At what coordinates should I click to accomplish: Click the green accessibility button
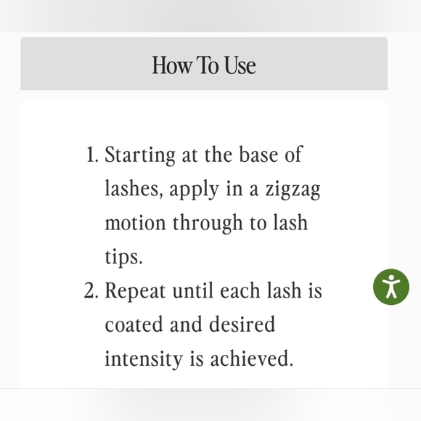click(x=391, y=287)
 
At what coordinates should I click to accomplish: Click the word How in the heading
click(x=172, y=65)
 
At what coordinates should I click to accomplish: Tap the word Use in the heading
click(x=240, y=65)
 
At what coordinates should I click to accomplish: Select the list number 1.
click(x=93, y=155)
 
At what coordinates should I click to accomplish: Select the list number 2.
click(x=91, y=290)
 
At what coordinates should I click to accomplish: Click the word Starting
click(x=140, y=156)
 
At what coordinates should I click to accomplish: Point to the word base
click(x=258, y=155)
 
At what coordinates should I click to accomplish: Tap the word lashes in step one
click(x=134, y=189)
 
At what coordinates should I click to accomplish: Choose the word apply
click(x=194, y=190)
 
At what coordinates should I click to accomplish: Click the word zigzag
click(x=293, y=190)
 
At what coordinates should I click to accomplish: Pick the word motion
click(x=135, y=223)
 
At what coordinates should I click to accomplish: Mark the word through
click(x=208, y=224)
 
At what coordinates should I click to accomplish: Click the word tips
click(x=123, y=258)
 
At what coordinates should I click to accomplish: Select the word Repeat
click(x=135, y=292)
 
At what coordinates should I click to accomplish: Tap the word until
click(x=195, y=290)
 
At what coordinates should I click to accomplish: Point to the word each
click(x=240, y=290)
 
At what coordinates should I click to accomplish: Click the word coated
click(x=134, y=324)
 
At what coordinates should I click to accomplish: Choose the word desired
click(x=242, y=324)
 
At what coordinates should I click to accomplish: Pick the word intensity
click(x=144, y=359)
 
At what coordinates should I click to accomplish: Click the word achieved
click(x=252, y=358)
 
